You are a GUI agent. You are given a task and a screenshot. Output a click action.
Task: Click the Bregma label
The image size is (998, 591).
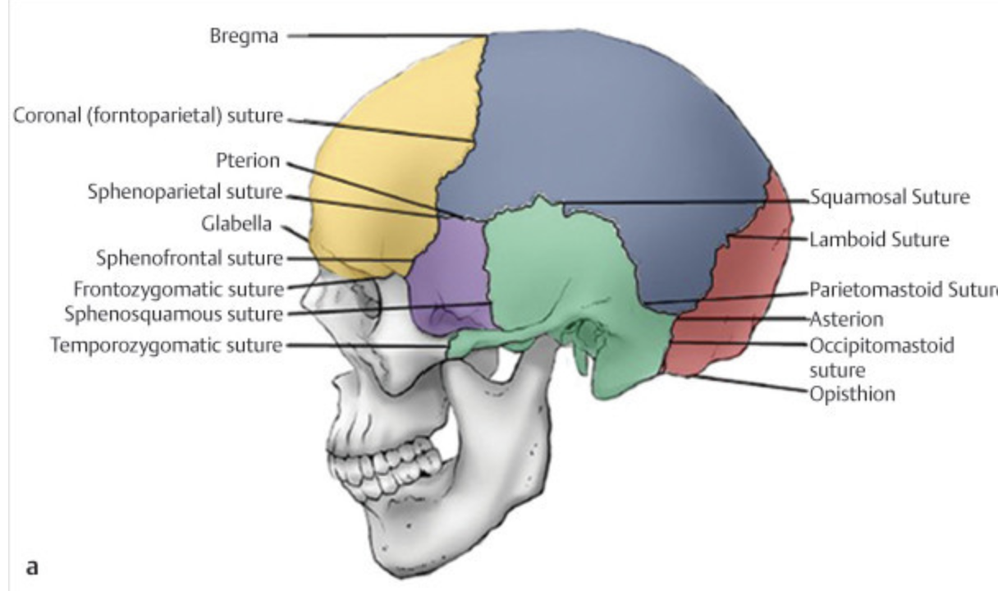pyautogui.click(x=244, y=37)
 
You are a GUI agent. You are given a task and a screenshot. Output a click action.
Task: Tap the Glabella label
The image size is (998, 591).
pyautogui.click(x=239, y=223)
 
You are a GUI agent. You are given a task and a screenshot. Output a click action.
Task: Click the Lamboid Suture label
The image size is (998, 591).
pyautogui.click(x=879, y=241)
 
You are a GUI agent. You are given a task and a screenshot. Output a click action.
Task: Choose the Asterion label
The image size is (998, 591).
pyautogui.click(x=846, y=318)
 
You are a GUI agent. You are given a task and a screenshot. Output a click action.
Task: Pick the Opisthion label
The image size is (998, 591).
pyautogui.click(x=852, y=394)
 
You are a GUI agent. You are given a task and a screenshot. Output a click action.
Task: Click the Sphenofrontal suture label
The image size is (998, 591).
pyautogui.click(x=190, y=259)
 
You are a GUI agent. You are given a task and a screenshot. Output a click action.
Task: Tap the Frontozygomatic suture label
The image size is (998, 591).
pyautogui.click(x=178, y=289)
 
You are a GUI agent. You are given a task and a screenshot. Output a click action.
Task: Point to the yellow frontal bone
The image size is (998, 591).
pyautogui.click(x=378, y=164)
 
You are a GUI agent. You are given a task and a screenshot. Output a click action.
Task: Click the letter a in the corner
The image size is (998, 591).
pyautogui.click(x=33, y=566)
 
